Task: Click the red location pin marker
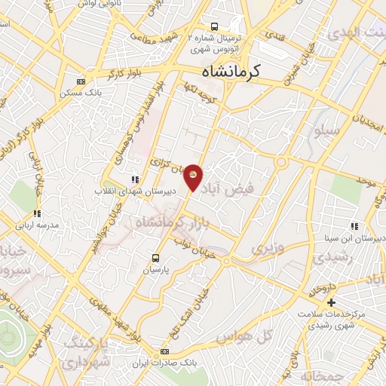click(194, 176)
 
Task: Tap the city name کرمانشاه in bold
click(231, 72)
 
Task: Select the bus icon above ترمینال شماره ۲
click(215, 26)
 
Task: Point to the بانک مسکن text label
click(81, 92)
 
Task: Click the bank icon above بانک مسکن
click(81, 81)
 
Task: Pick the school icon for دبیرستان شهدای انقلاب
click(134, 179)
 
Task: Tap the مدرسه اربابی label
click(37, 225)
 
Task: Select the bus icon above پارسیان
click(157, 257)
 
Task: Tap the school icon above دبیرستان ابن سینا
click(354, 226)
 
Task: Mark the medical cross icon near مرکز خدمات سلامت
click(331, 302)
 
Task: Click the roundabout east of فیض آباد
click(282, 162)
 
